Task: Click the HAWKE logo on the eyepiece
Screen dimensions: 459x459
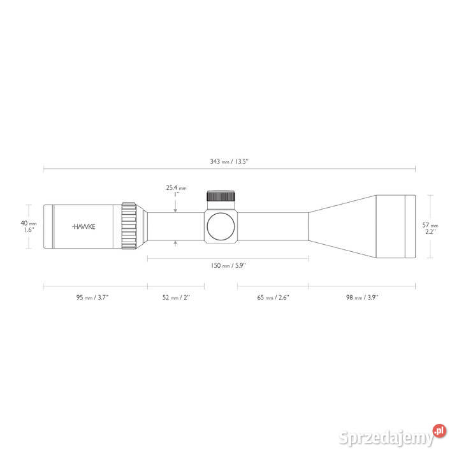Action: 84,226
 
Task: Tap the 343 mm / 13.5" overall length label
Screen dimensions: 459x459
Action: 229,161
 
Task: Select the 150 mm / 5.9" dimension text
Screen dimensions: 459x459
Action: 228,265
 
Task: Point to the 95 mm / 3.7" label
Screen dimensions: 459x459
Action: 92,298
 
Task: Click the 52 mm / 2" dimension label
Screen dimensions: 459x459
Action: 176,298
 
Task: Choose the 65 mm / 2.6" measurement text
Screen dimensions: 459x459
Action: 273,298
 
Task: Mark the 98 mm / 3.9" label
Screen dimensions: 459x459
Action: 362,298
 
